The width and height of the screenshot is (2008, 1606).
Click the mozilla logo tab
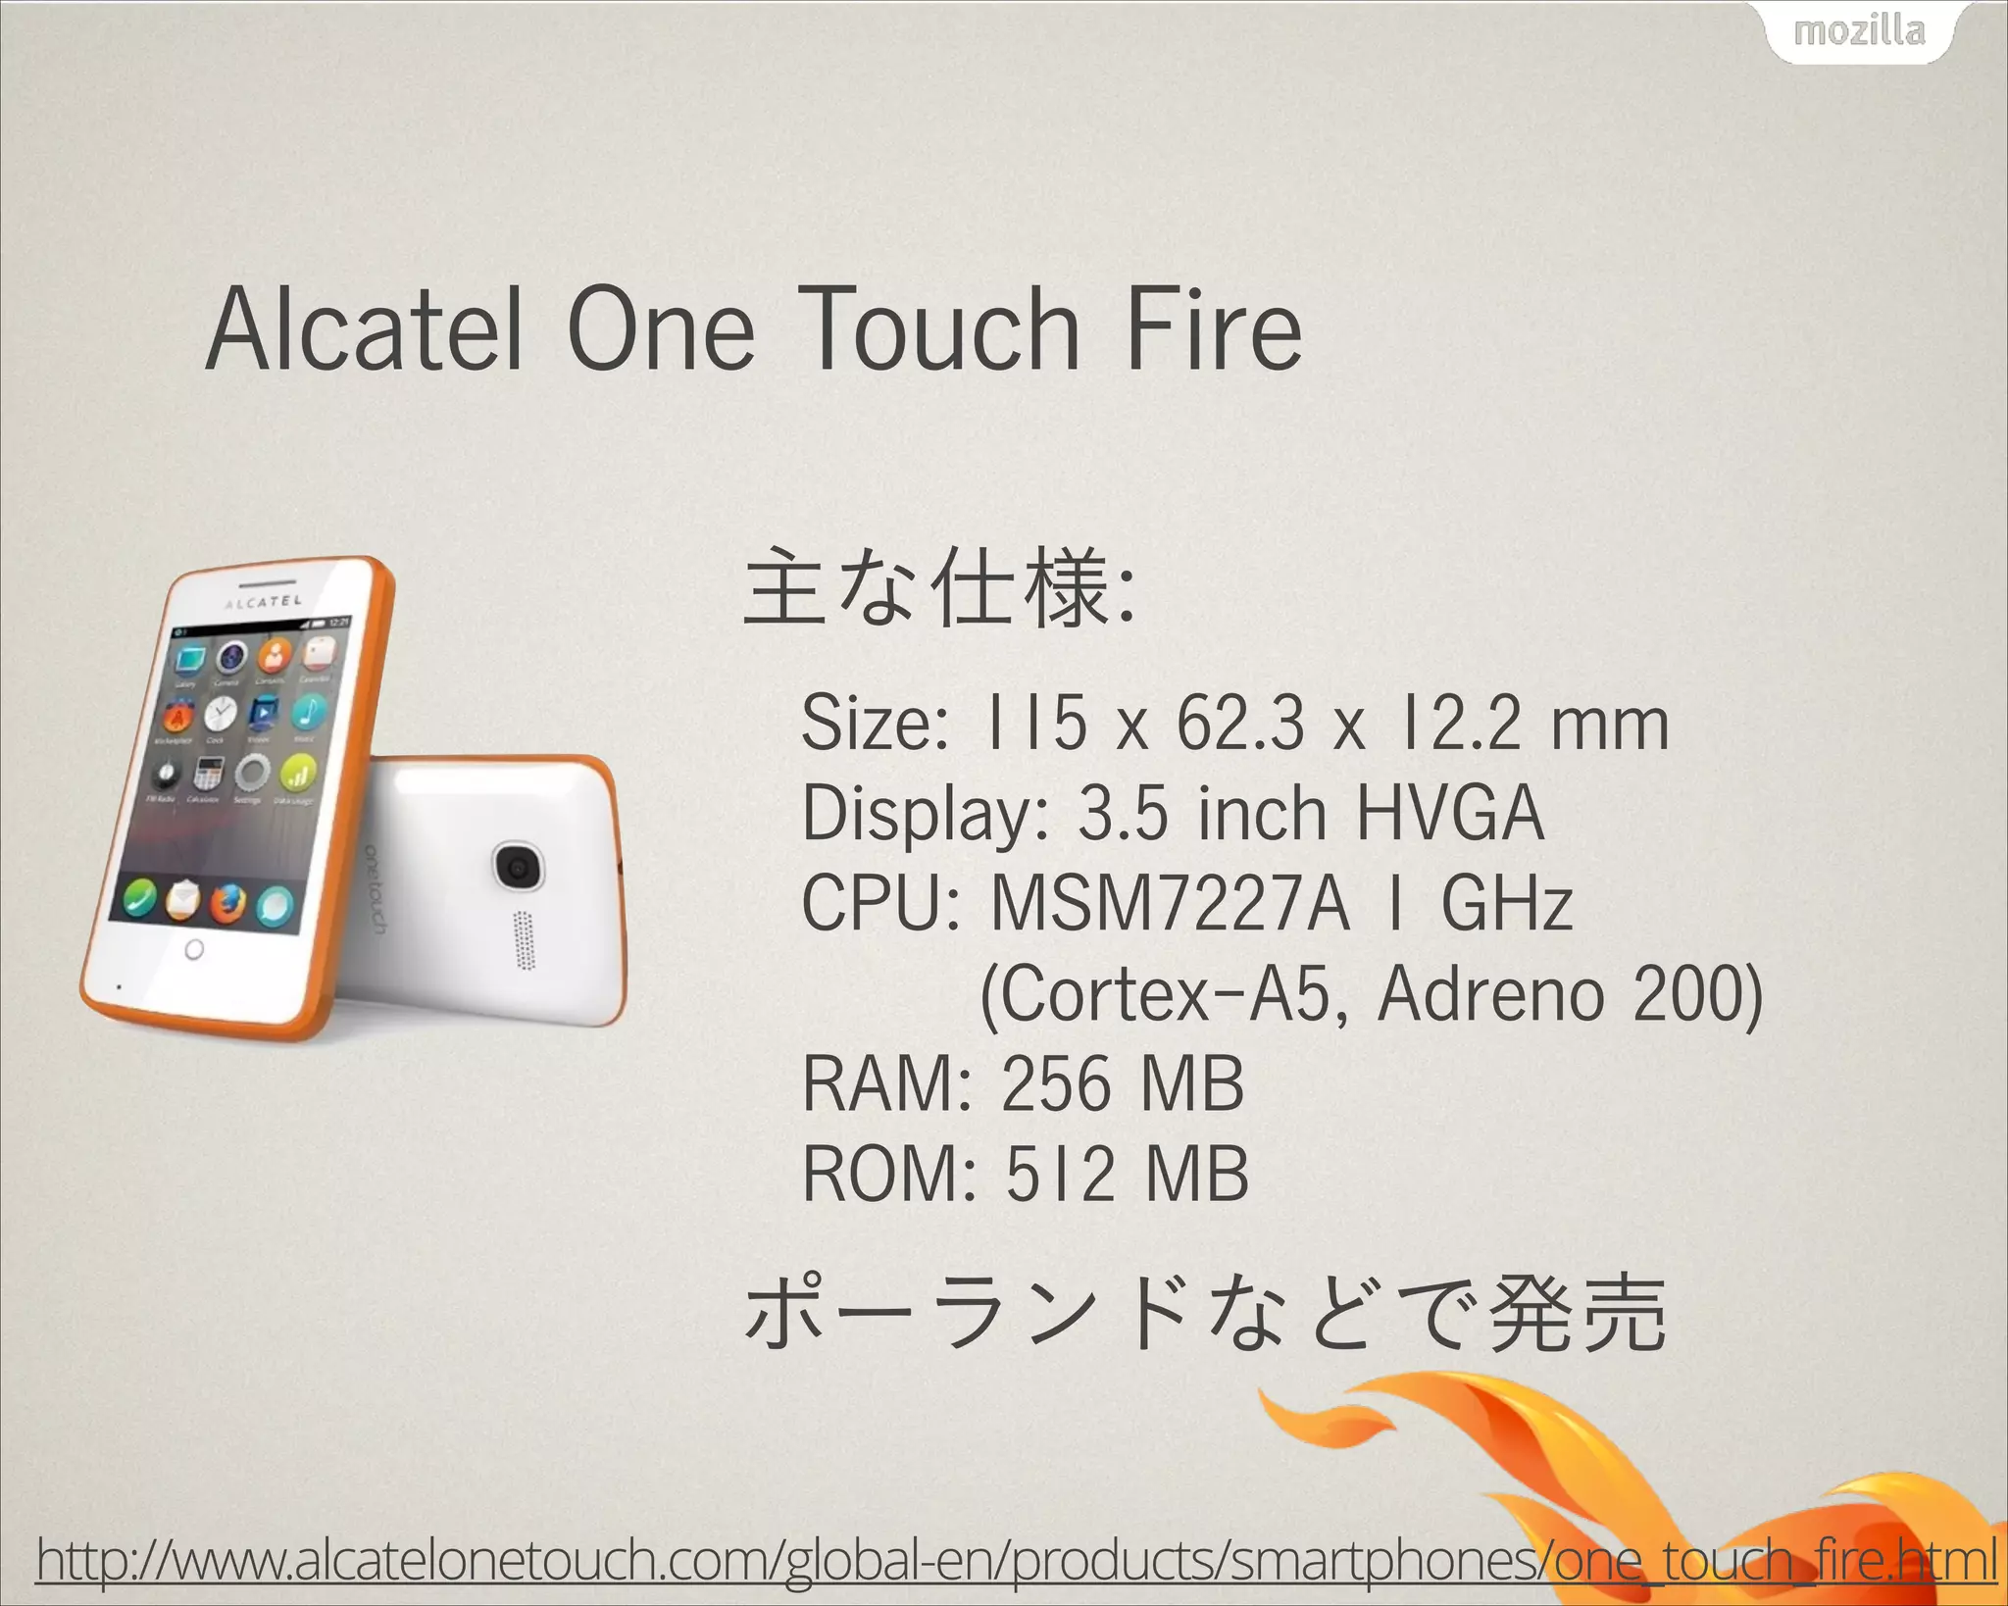coord(1859,32)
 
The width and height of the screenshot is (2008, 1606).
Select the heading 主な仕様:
coord(939,589)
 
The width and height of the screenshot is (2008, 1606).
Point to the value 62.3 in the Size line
coord(1240,725)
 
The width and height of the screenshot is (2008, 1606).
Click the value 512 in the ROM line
coord(1059,1174)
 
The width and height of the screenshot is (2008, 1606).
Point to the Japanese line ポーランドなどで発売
coord(1204,1313)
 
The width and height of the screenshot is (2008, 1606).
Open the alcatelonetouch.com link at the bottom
coord(1016,1560)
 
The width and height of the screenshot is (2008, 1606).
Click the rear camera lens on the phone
coord(517,867)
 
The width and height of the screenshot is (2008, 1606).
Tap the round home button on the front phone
coord(194,949)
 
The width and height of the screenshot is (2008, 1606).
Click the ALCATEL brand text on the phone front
coord(263,601)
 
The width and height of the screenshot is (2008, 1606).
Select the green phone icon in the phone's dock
coord(140,894)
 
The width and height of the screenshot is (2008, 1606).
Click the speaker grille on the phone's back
coord(526,939)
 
